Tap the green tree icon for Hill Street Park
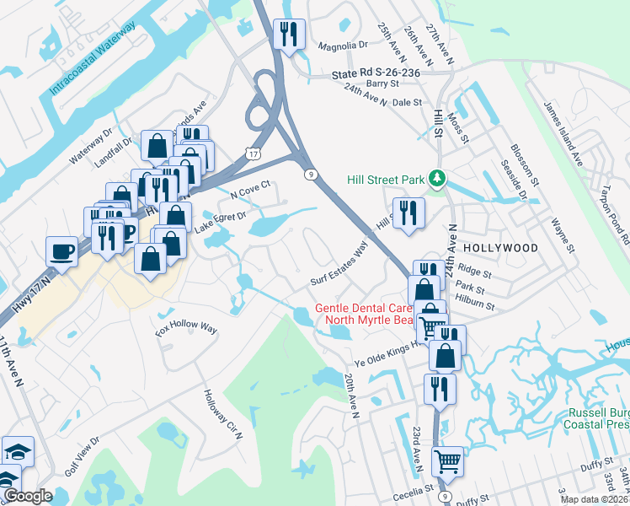[436, 178]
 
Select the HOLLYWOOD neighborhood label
[500, 248]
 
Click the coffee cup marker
[61, 250]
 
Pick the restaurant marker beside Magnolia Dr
[289, 35]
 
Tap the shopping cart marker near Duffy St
[447, 461]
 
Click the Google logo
[28, 496]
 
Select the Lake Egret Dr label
[220, 222]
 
